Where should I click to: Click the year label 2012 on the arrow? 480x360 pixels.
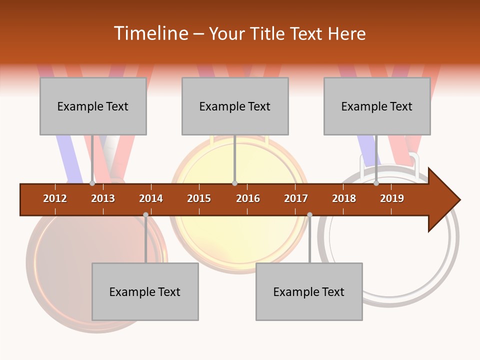click(x=55, y=198)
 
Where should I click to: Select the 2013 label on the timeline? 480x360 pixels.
click(x=103, y=198)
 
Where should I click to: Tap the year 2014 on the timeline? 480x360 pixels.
click(x=151, y=198)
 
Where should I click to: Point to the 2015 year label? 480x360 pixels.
click(x=199, y=198)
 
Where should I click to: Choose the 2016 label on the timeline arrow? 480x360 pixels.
click(x=248, y=198)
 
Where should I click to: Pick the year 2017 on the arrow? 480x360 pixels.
click(x=296, y=198)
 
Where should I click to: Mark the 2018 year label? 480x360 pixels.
click(x=344, y=198)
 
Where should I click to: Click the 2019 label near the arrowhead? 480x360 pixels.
click(x=392, y=198)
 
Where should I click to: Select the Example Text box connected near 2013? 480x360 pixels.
click(x=93, y=106)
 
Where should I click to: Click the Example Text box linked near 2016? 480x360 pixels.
click(x=235, y=106)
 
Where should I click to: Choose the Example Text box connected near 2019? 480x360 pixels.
click(x=377, y=106)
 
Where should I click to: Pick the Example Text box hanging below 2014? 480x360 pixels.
click(x=145, y=291)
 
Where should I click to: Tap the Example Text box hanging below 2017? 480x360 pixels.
click(x=309, y=291)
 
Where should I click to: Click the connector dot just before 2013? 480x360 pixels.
click(x=92, y=183)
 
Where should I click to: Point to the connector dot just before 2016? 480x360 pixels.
click(x=234, y=183)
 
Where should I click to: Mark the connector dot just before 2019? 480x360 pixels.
click(x=376, y=183)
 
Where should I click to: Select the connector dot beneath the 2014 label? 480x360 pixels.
click(x=145, y=214)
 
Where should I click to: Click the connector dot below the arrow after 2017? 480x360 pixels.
click(x=309, y=214)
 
